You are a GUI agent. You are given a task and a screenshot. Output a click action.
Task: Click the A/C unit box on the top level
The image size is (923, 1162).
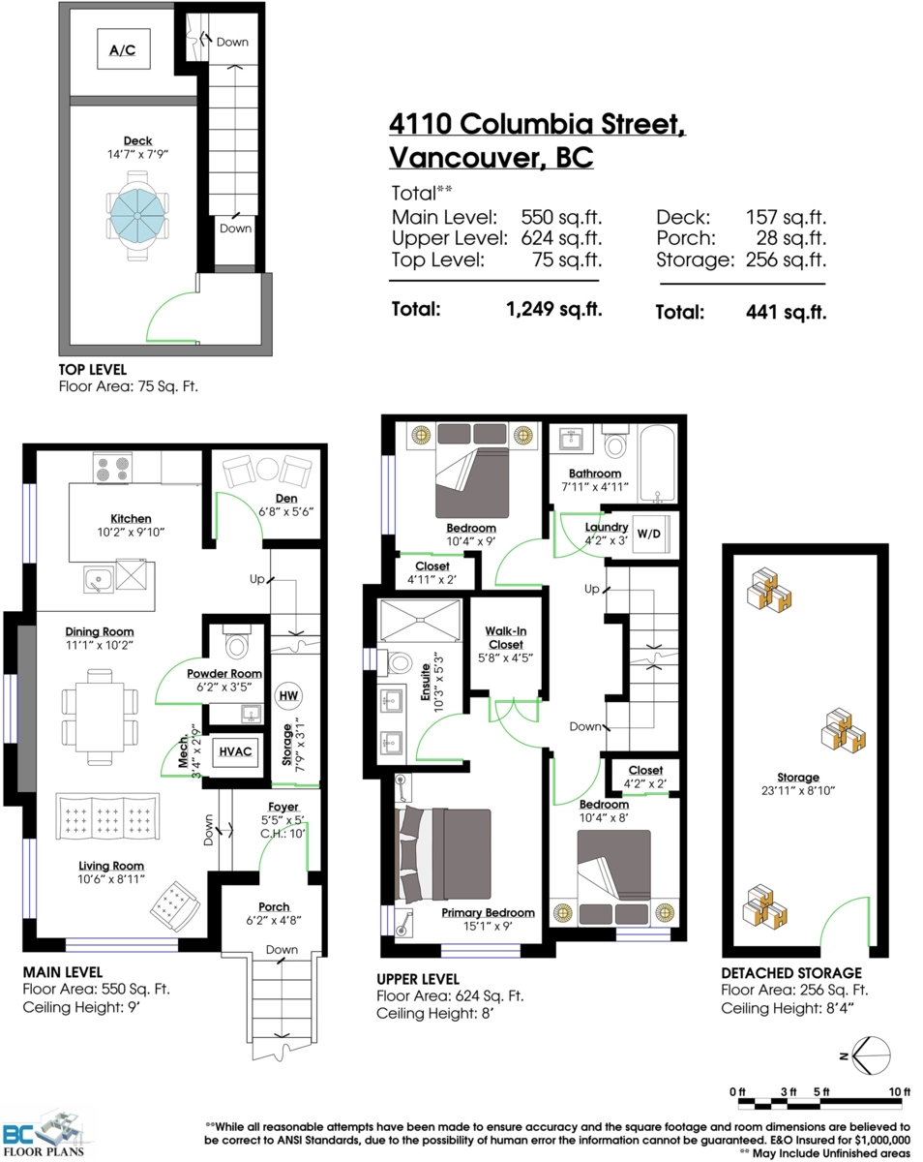click(x=122, y=49)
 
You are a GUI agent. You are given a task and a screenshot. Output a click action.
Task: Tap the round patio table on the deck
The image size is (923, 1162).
click(x=136, y=216)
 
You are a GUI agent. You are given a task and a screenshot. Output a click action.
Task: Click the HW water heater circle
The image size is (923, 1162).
click(x=288, y=695)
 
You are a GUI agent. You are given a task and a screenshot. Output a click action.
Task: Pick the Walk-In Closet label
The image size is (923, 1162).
click(x=505, y=637)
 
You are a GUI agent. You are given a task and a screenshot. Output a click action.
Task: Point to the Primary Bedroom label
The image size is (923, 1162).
click(x=488, y=912)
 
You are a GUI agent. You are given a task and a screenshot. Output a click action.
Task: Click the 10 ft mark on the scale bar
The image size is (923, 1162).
click(x=899, y=1091)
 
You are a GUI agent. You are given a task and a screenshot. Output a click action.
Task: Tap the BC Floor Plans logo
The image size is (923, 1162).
click(x=47, y=1134)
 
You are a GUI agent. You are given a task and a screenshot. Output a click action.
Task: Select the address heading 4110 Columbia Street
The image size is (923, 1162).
click(x=537, y=124)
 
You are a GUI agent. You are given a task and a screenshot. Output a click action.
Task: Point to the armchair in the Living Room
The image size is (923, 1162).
click(x=176, y=906)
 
